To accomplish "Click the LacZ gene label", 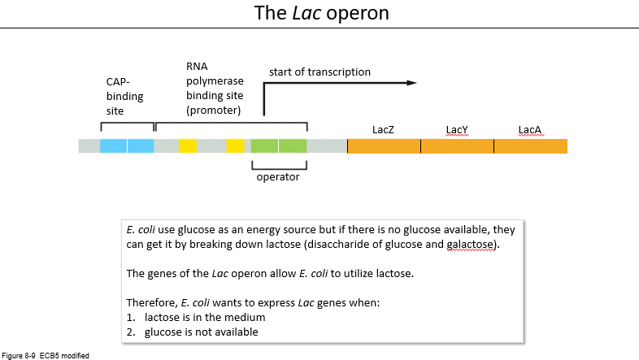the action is (383, 129).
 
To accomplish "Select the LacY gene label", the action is (457, 129).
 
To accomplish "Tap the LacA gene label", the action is (530, 129).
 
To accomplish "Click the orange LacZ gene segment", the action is (384, 146).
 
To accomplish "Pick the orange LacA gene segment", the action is (531, 146).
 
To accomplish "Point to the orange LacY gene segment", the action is (457, 146).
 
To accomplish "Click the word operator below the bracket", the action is (278, 177).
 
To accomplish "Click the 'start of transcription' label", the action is (320, 72).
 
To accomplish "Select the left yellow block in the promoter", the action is (188, 146).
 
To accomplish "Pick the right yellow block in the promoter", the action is (236, 146).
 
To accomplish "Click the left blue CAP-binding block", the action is (113, 146).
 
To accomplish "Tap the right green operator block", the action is (293, 146).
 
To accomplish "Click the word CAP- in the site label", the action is (118, 82).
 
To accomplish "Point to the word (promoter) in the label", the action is (214, 111).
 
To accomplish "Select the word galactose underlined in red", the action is (470, 245).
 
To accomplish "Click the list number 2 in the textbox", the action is (130, 332).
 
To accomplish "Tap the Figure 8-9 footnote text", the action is (46, 355).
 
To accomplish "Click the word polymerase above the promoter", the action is (215, 81).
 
